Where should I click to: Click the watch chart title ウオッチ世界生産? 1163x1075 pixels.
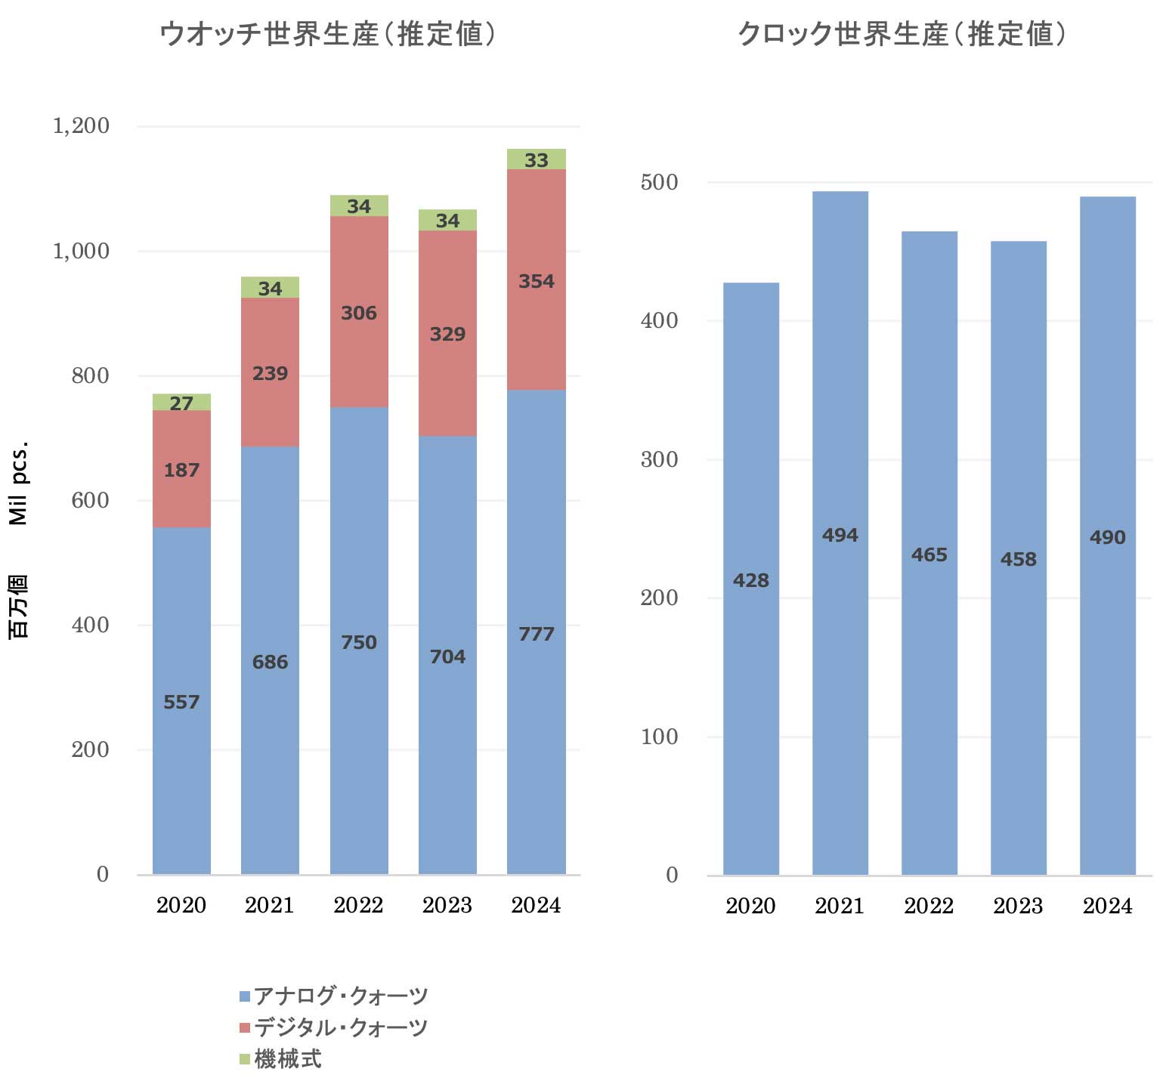[x=327, y=34]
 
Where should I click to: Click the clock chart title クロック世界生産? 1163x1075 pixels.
[x=901, y=34]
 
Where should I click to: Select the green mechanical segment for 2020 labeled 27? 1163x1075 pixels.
[x=181, y=403]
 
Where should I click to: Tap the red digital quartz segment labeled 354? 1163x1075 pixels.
[x=537, y=281]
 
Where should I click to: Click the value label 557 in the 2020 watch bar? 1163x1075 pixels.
[x=181, y=702]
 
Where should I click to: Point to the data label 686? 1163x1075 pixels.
[x=270, y=662]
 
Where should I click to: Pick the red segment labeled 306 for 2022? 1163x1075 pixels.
[x=359, y=313]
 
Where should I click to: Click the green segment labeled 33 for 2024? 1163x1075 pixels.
[x=537, y=159]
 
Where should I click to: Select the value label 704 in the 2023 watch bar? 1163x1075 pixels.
[x=447, y=656]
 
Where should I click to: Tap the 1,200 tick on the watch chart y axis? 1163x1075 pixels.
[x=81, y=125]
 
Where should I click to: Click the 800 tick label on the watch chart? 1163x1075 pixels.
[x=90, y=375]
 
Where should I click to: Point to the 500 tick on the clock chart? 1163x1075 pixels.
[x=659, y=182]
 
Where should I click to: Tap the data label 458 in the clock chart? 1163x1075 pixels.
[x=1018, y=559]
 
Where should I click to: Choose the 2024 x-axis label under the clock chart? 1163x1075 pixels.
[x=1107, y=906]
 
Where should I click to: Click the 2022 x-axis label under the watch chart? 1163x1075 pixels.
[x=358, y=905]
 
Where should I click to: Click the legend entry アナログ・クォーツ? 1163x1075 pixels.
[x=340, y=996]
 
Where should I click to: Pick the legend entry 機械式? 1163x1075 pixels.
[x=287, y=1059]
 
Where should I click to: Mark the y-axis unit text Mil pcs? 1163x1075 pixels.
[x=18, y=483]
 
